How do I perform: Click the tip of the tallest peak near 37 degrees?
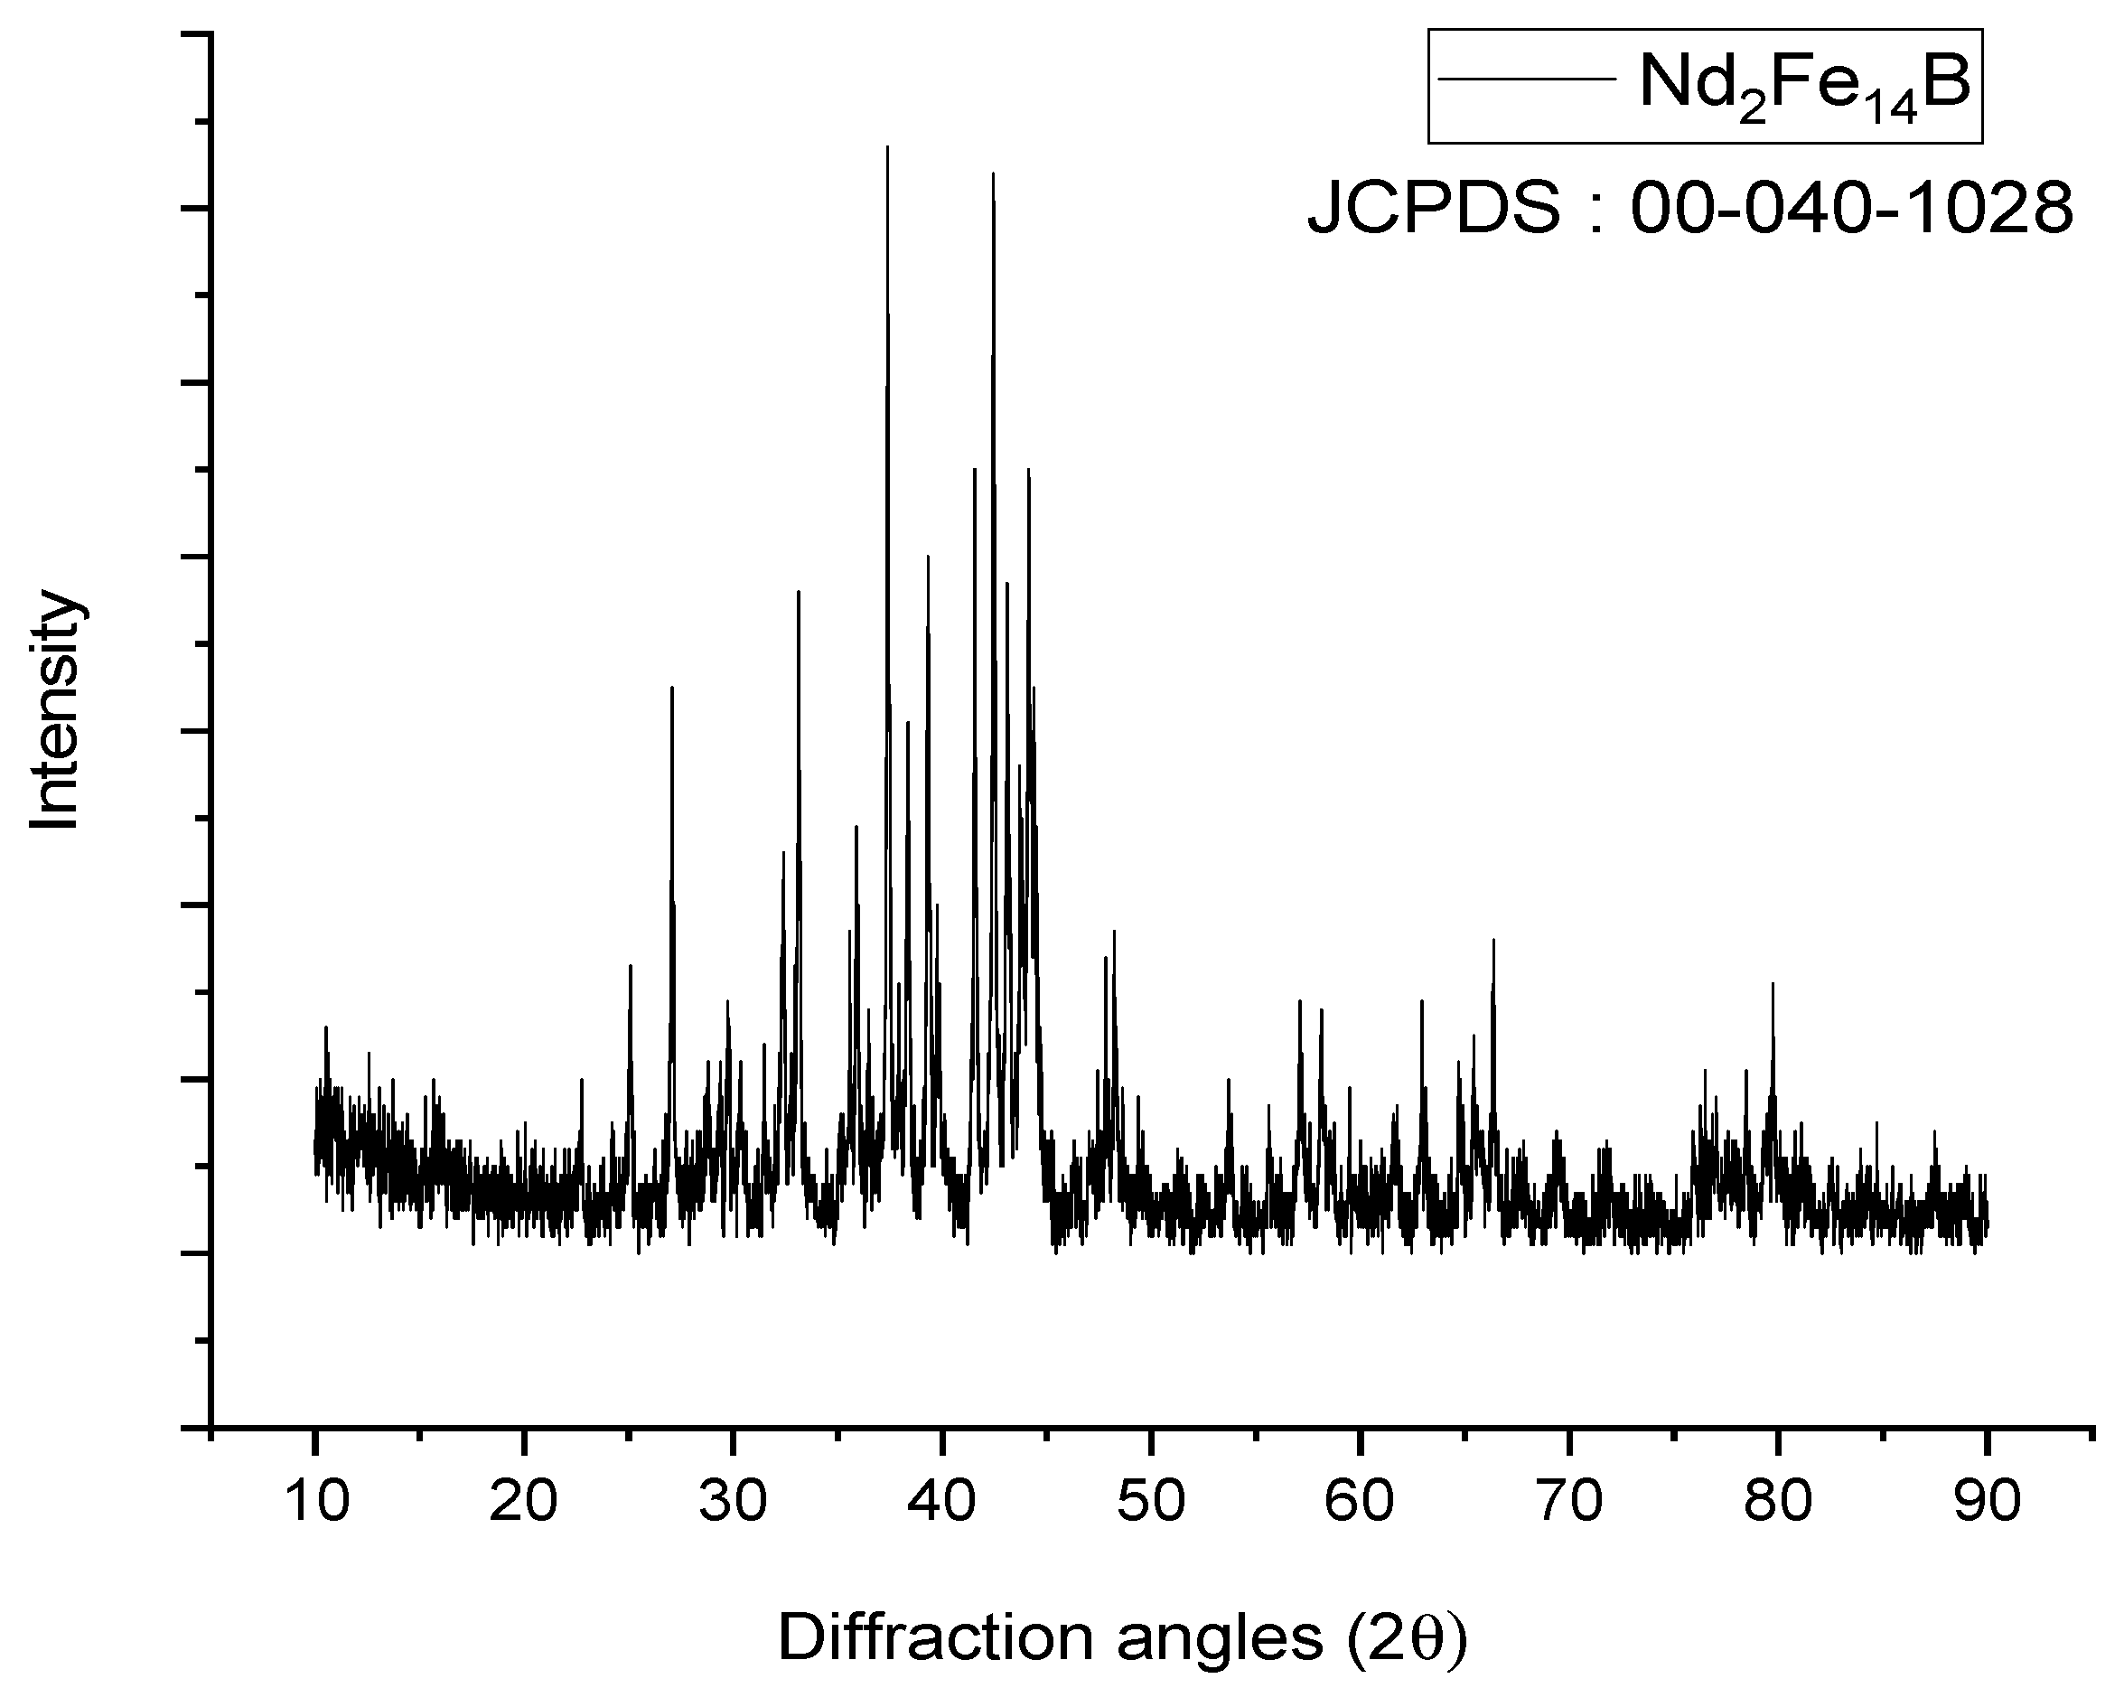[887, 148]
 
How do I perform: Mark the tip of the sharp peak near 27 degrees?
[672, 688]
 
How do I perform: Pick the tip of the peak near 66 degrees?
[1493, 940]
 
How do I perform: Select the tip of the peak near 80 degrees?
[1773, 984]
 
